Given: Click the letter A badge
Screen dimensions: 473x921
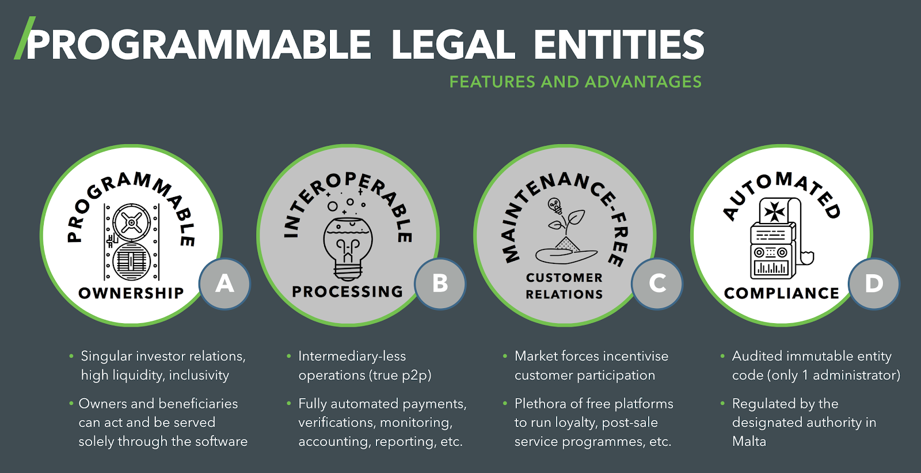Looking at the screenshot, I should tap(224, 283).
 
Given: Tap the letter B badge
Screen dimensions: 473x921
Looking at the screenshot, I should tap(440, 283).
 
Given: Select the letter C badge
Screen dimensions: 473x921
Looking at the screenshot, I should tap(657, 283).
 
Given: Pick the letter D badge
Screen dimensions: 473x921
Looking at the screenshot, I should tap(874, 283).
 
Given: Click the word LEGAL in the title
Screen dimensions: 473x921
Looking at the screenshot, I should tap(453, 45).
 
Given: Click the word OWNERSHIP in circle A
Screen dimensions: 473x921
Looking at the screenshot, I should tap(131, 293).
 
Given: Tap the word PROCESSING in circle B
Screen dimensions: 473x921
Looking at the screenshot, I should tap(348, 292).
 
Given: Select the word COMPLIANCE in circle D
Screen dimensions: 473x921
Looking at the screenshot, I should tap(781, 293).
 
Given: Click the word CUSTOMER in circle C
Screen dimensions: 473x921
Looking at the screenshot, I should tap(564, 278).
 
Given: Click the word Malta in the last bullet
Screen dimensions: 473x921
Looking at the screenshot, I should tap(749, 441).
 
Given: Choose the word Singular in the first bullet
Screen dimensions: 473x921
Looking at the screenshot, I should tap(106, 356).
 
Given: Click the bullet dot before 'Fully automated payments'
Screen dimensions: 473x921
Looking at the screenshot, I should tap(288, 403).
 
